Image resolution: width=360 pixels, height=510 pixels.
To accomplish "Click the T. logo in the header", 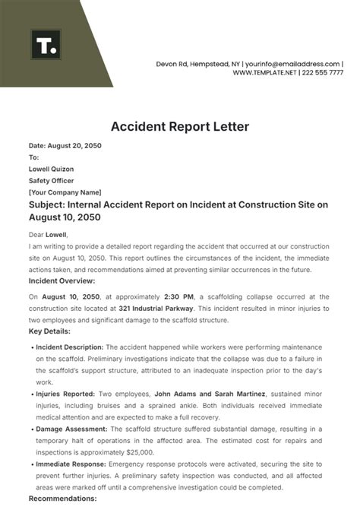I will click(x=46, y=45).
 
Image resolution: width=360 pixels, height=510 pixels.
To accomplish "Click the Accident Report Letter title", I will click(x=179, y=126).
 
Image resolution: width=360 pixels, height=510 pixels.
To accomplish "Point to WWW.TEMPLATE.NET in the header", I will click(x=264, y=73).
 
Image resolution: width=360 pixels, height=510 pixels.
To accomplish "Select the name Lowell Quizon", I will click(x=52, y=169).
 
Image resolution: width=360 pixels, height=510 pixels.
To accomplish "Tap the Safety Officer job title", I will click(x=52, y=181).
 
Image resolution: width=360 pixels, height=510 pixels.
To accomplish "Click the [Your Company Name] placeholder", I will click(x=65, y=193).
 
